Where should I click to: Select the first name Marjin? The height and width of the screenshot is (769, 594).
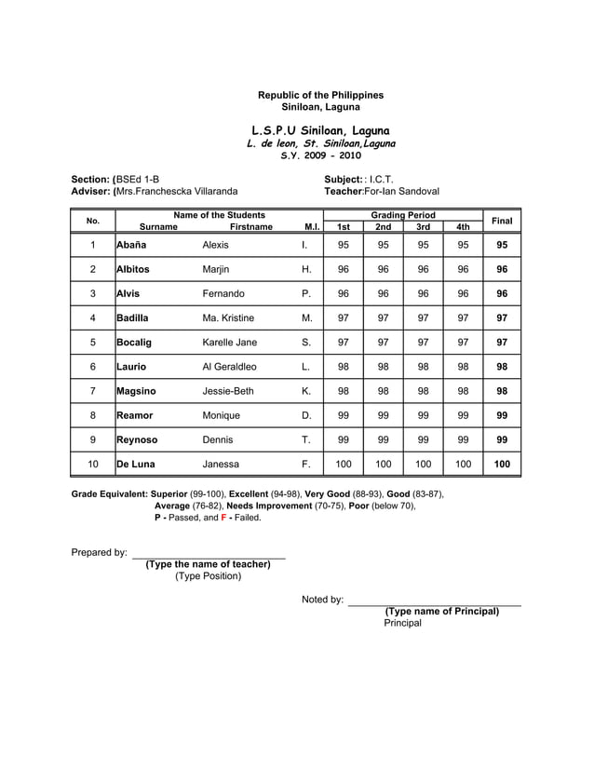215,269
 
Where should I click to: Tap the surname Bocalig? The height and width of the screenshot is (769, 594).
135,343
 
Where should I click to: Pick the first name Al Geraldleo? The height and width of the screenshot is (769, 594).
229,367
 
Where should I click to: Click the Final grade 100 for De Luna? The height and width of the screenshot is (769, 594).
502,464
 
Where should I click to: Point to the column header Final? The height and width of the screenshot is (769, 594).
502,221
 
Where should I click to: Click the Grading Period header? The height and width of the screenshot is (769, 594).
403,215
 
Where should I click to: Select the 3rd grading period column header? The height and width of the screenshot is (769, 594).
423,227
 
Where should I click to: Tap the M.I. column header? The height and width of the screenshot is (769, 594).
312,227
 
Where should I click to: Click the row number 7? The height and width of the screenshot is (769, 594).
93,391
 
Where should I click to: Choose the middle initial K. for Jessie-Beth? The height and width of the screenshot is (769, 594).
306,391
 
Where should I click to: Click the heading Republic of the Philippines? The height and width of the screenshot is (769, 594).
320,95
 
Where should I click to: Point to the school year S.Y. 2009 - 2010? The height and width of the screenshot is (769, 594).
320,157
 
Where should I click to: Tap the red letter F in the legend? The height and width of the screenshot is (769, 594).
223,517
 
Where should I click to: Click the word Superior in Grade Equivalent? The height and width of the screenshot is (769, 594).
172,493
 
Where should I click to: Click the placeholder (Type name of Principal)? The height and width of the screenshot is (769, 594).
442,611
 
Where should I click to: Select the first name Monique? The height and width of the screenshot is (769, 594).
221,415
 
